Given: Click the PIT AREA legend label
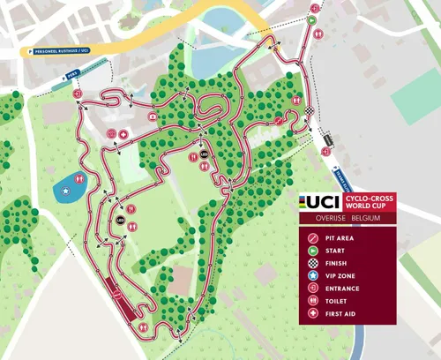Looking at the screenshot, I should [345, 237].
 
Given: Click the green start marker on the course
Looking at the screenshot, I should [312, 18].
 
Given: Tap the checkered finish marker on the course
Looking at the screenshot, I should [310, 110].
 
